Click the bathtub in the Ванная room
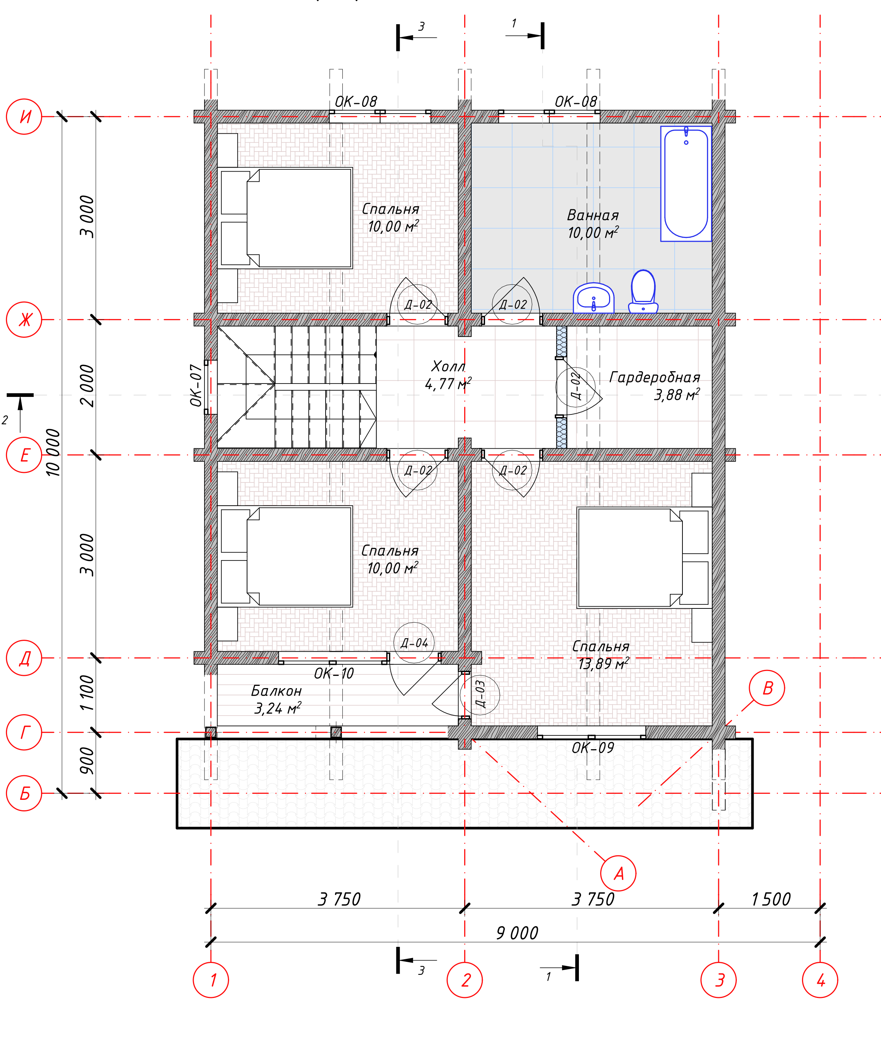686,183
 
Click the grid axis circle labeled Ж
24,319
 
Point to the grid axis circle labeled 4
820,980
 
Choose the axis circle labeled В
767,688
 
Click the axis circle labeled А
618,873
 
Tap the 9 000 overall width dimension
517,933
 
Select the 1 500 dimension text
771,899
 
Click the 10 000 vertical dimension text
53,452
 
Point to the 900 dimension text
87,760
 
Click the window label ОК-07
196,385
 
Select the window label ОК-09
593,747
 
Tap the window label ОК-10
334,674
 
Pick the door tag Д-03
480,694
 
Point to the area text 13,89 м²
604,664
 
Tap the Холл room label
448,366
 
